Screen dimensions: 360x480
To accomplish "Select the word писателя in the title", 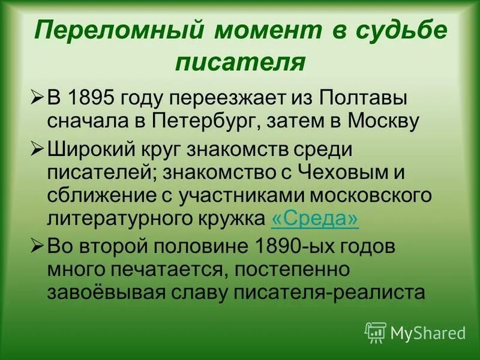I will point(240,62).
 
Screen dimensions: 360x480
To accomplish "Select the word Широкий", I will point(89,149).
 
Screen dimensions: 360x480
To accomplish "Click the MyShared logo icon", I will point(376,331).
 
